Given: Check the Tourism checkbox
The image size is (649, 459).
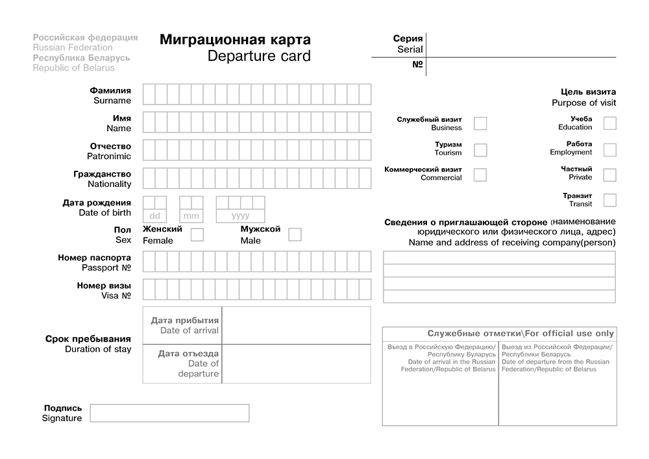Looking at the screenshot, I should coord(480,150).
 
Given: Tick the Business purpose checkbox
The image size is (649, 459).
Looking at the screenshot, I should coord(480,123).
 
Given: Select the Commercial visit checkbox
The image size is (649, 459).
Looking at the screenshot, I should coord(480,175).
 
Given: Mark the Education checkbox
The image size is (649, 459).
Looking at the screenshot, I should coord(609,123).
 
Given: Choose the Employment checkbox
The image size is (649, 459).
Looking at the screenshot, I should coord(609,150).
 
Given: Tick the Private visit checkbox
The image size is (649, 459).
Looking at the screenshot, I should coord(609,175).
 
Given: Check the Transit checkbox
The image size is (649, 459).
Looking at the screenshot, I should coord(609,200).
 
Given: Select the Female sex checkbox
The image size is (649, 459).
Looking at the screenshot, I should coord(197,235).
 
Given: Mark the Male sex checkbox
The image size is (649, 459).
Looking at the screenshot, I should coord(295,235).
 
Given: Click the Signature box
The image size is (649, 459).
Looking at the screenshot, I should coord(169,413).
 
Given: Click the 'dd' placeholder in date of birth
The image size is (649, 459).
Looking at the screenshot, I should coord(154,216).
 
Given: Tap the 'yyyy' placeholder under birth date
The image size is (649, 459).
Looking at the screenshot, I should coord(240,216).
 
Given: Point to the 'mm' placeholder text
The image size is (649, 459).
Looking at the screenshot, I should coord(191,216).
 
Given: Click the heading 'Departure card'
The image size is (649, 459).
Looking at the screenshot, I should coord(259,56).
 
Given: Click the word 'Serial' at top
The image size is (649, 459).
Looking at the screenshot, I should coord(410,49).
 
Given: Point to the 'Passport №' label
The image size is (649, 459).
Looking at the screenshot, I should coord(106,267).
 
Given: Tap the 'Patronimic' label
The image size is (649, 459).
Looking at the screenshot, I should coord(109,156).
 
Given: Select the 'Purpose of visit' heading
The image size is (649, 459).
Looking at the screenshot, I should coord(583,103).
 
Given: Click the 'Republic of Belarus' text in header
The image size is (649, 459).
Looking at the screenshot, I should coord(73,68).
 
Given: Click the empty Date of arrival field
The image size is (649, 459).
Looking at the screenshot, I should coord(296,325).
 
